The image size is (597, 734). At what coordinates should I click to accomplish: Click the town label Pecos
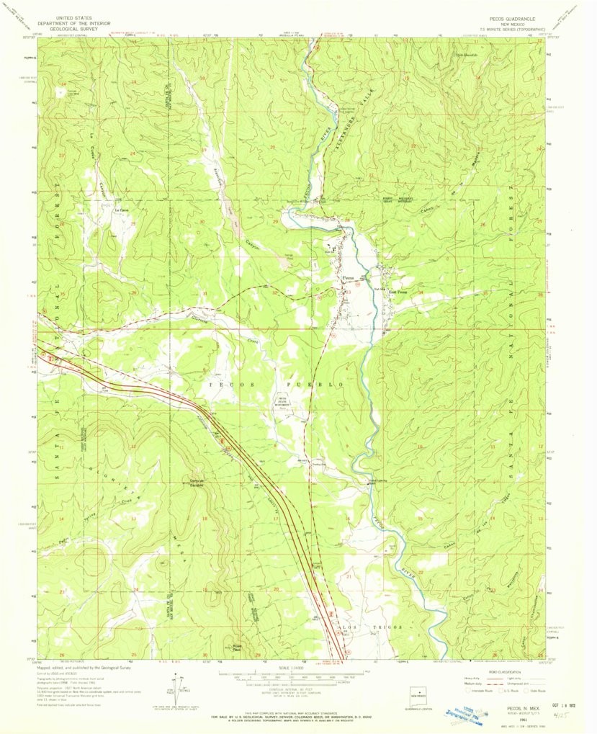[346, 276]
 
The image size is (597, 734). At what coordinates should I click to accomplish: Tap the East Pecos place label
[398, 292]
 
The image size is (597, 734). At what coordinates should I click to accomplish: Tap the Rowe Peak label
[235, 646]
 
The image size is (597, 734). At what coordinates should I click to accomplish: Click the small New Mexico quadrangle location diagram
[417, 695]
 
